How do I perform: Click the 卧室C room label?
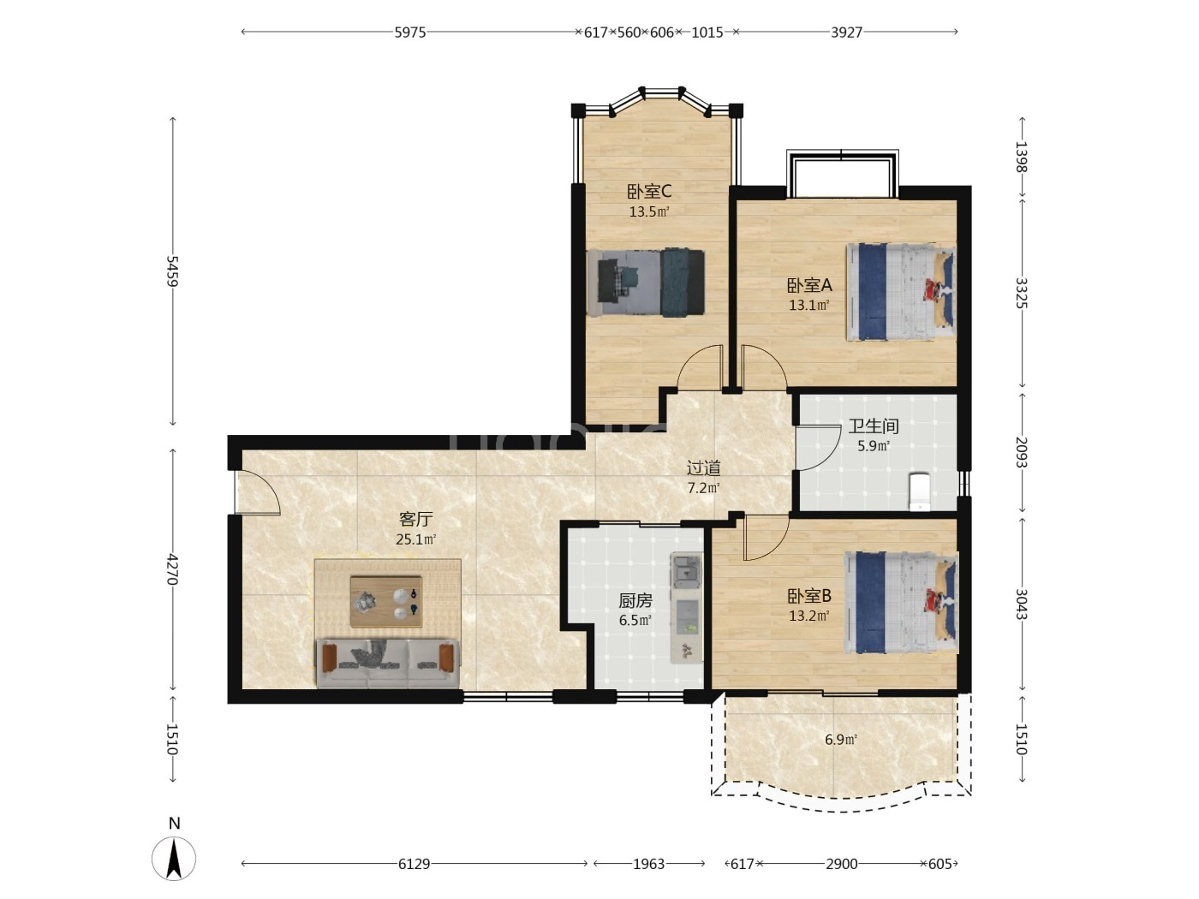tap(649, 192)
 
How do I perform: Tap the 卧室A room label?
tap(809, 285)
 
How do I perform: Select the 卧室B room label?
tap(809, 596)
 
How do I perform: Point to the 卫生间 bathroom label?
tap(874, 426)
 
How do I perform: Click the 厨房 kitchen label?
tap(635, 600)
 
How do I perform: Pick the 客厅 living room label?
tap(415, 519)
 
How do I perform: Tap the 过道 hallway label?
tap(704, 467)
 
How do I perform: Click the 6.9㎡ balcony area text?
tap(841, 740)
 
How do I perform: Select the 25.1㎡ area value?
tap(415, 539)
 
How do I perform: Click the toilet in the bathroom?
tap(920, 491)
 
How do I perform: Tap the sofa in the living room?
tap(388, 664)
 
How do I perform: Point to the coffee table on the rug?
tap(385, 601)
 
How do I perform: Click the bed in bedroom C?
tap(646, 283)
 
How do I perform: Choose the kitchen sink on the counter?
tap(686, 570)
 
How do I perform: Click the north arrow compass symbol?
tap(174, 858)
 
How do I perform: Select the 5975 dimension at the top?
tap(409, 33)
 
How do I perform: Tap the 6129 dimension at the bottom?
tap(414, 864)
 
